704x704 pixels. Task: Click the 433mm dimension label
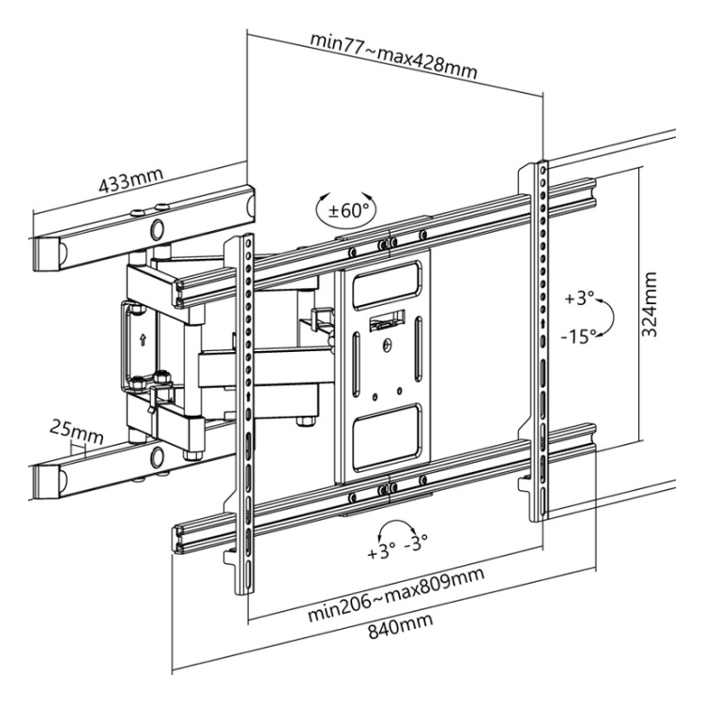tap(130, 180)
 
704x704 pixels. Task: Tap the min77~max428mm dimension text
tap(393, 55)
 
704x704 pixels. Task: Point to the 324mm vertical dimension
tap(650, 304)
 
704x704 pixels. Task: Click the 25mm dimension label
tap(76, 432)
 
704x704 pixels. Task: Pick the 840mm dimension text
tap(401, 624)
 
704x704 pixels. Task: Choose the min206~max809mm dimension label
tap(396, 594)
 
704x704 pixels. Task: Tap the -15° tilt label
tap(579, 336)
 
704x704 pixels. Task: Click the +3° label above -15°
tap(579, 298)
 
